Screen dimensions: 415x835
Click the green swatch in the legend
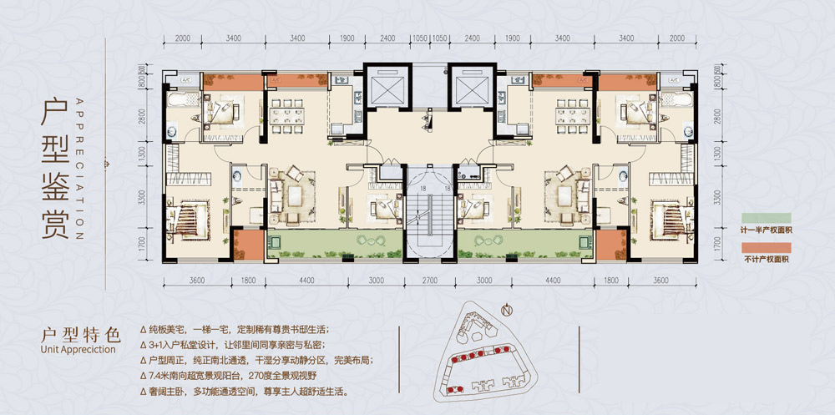click(767, 219)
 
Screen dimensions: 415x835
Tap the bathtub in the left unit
click(180, 101)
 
